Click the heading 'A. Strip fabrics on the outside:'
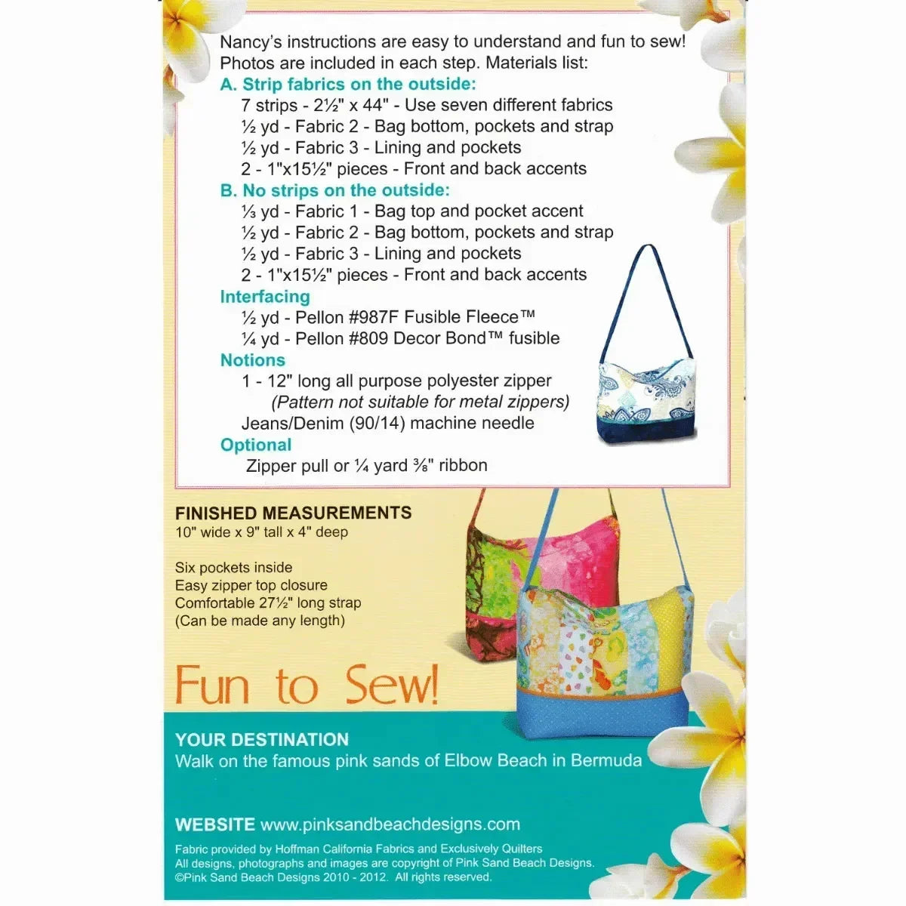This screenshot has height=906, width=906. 348,85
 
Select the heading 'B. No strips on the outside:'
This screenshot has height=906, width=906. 334,190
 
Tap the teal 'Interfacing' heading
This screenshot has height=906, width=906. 265,297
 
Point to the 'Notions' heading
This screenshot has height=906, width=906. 253,360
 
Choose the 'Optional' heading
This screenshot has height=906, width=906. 256,445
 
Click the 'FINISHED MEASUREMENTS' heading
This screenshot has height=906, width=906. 293,513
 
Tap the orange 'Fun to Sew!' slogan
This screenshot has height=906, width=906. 307,686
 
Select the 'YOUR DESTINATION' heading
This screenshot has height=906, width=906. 262,740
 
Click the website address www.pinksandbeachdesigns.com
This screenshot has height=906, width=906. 390,824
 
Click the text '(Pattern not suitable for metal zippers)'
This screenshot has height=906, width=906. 421,402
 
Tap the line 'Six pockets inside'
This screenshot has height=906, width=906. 233,567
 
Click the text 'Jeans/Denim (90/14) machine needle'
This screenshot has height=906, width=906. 387,423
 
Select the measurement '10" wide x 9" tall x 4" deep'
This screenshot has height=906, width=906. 261,532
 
